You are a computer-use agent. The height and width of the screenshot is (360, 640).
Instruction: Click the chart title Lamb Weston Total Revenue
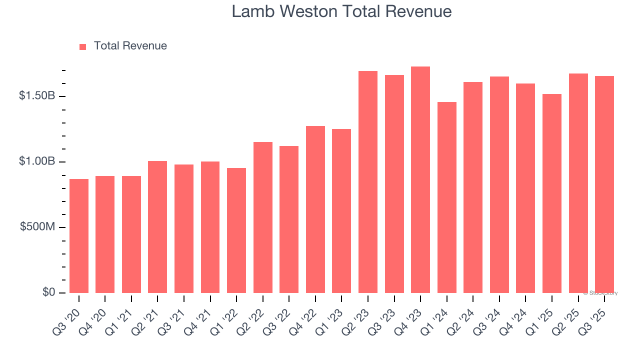click(x=341, y=12)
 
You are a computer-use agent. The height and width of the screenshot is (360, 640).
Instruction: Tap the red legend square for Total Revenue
click(x=83, y=46)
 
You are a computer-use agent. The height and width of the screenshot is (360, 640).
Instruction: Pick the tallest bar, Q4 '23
click(x=420, y=180)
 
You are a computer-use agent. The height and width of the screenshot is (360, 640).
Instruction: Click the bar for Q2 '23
click(x=368, y=182)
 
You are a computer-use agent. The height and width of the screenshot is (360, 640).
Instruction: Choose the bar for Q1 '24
click(x=446, y=197)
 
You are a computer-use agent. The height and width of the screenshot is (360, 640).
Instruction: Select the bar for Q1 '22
click(x=236, y=230)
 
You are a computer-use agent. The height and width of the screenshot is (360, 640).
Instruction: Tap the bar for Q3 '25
click(x=604, y=184)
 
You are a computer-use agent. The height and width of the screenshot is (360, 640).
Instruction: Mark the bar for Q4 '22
click(x=315, y=209)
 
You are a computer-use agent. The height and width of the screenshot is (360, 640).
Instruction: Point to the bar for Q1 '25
click(x=552, y=193)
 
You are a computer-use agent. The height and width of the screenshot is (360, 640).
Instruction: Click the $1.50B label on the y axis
click(x=37, y=96)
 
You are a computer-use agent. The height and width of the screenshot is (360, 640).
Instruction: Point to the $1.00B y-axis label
click(x=37, y=161)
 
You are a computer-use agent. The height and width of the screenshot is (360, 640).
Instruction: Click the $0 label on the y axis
click(x=48, y=292)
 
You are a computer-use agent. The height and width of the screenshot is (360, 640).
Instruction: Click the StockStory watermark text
click(x=600, y=293)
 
